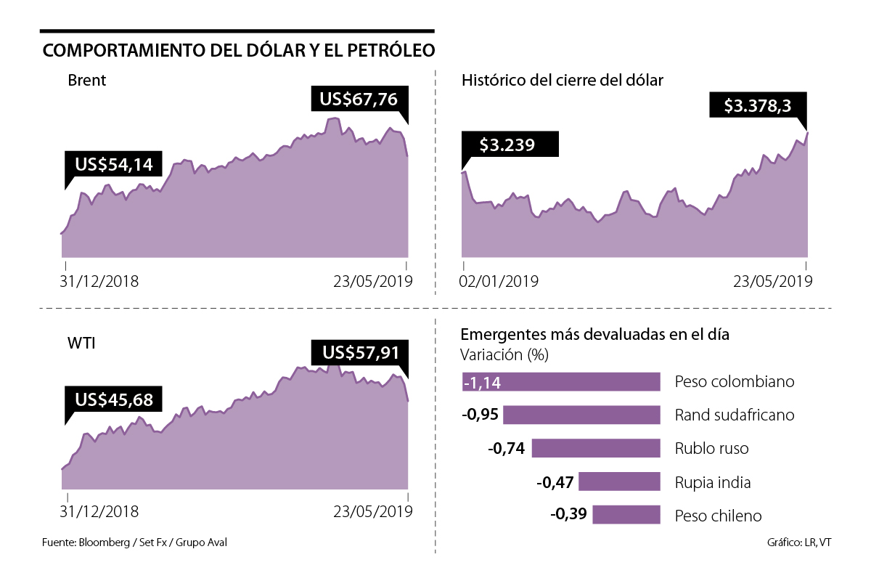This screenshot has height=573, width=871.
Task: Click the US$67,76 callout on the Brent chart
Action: pos(355,99)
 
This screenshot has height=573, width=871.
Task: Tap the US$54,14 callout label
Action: pos(113,165)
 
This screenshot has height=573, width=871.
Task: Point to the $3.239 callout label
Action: pos(508,145)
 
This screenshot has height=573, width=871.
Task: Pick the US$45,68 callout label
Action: pos(113,399)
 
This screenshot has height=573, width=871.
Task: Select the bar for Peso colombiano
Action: pos(560,382)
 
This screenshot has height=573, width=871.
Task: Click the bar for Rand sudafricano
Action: pos(581,415)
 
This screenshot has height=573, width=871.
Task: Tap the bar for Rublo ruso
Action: pos(595,448)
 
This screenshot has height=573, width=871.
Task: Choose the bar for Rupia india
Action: pos(618,481)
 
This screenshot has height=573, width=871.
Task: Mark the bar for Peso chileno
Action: pos(626,515)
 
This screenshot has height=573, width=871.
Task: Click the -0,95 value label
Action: pos(480,415)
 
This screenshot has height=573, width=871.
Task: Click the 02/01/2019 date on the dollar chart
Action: pos(500,281)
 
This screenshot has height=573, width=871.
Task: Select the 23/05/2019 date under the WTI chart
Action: pos(372,511)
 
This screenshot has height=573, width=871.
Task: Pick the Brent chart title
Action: pos(86,80)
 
